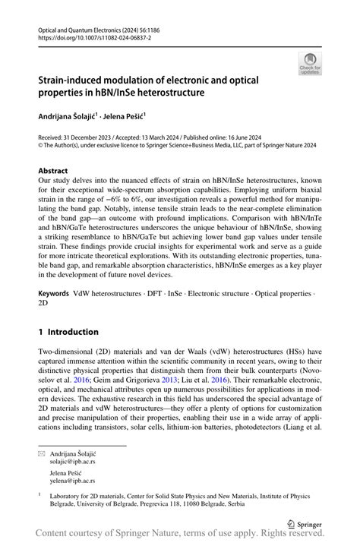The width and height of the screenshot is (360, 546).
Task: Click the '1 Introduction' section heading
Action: click(68, 332)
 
